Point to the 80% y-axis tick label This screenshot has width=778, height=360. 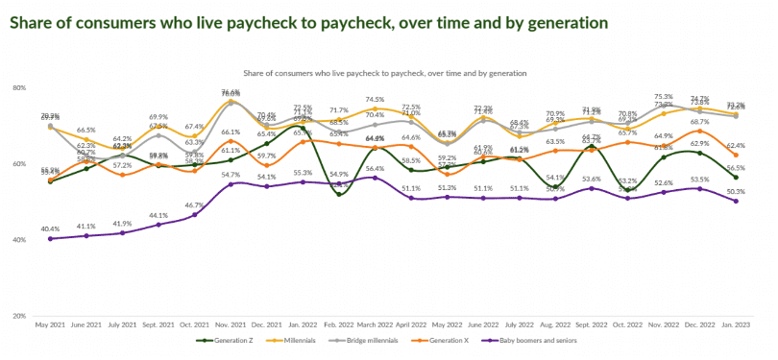coord(18,87)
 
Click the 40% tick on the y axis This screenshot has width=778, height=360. coord(18,240)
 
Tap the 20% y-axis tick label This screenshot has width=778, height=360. coord(18,316)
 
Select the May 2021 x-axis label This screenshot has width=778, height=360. coord(50,326)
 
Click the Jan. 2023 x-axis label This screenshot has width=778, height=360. coord(735,326)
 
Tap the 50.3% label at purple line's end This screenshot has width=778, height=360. coord(736,191)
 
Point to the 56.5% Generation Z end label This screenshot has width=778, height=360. coord(736,168)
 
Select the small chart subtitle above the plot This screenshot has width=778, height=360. coord(385,72)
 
